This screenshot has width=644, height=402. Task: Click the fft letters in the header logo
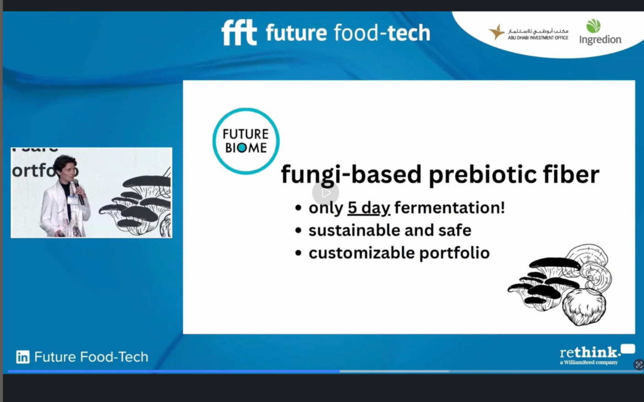(239, 32)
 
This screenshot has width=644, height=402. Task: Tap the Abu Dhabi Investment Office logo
(528, 33)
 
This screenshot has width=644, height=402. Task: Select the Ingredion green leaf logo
(593, 26)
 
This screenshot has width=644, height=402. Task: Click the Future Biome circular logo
(246, 141)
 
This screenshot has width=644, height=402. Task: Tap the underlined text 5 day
(369, 208)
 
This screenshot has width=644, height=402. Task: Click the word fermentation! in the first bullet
(450, 208)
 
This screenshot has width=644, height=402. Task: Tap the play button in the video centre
(326, 193)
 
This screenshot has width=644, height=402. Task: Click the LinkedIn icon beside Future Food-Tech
(22, 357)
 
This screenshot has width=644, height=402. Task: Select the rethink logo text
(590, 352)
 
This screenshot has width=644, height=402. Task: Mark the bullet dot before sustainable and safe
(298, 231)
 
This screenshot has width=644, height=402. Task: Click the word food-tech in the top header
(382, 33)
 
